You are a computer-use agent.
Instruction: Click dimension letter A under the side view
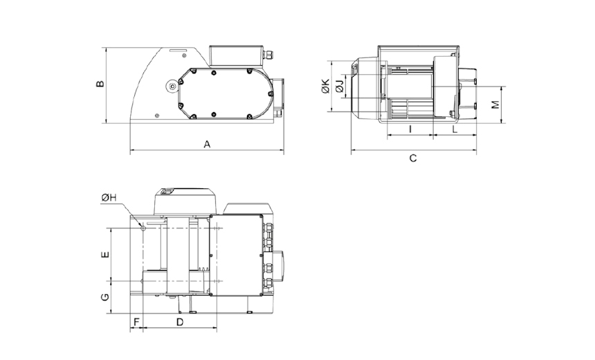[x=207, y=144]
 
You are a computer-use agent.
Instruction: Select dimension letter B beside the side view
[x=100, y=84]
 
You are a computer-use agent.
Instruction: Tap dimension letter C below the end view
[x=413, y=158]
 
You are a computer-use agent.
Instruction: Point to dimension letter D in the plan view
[x=180, y=323]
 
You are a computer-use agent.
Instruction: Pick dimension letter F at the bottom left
[x=136, y=323]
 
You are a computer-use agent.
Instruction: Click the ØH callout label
[x=109, y=197]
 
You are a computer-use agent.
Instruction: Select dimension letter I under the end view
[x=410, y=129]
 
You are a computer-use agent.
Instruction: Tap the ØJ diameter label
[x=340, y=86]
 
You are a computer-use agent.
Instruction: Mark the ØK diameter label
[x=325, y=87]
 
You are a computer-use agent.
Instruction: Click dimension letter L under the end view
[x=455, y=129]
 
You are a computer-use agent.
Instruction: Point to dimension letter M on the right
[x=495, y=105]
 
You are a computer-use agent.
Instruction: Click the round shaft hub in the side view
[x=173, y=87]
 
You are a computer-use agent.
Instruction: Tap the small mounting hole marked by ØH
[x=143, y=228]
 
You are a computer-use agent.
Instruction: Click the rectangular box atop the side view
[x=236, y=56]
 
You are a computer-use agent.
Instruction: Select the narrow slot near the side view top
[x=178, y=51]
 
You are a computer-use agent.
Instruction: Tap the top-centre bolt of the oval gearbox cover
[x=214, y=72]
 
